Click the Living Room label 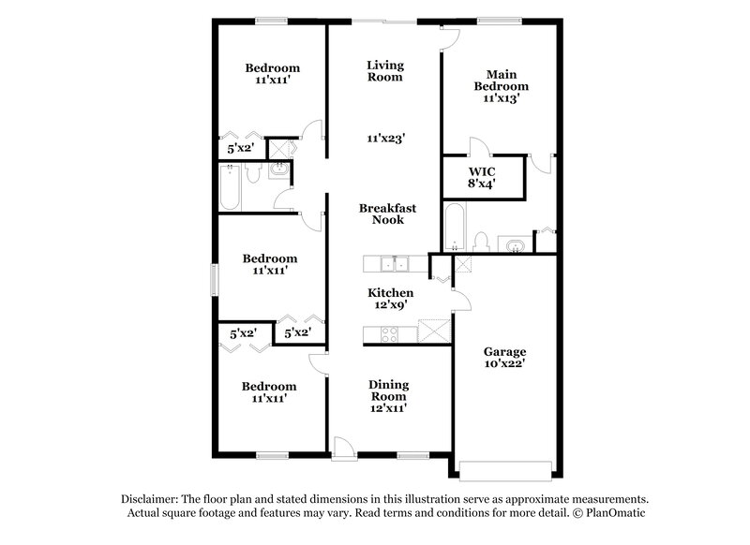[384, 70]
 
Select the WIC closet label [481, 172]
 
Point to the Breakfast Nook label [386, 214]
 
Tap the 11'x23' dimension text [385, 138]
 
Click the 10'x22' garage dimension [504, 363]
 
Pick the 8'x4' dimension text [481, 184]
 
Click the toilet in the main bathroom [482, 243]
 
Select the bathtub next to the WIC [452, 231]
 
